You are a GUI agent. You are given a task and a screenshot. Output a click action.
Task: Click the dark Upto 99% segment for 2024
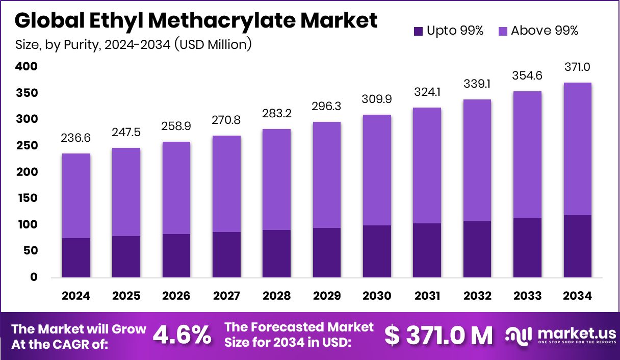[x=76, y=258]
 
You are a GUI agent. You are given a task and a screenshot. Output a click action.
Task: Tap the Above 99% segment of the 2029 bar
[x=327, y=175]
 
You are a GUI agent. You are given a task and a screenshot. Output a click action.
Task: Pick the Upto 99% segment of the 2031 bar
[x=427, y=250]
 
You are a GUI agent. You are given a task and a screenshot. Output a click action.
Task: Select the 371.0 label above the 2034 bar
[x=578, y=67]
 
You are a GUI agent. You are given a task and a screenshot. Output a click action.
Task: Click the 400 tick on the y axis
[x=27, y=66]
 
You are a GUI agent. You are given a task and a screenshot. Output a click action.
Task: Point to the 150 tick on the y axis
[x=27, y=198]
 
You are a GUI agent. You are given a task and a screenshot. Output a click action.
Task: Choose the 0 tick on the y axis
[x=34, y=277]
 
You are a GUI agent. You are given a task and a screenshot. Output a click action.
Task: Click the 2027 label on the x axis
[x=226, y=296]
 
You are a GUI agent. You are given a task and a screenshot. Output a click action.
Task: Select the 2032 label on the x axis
[x=477, y=296]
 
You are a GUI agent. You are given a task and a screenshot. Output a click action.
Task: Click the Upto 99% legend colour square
[x=418, y=31]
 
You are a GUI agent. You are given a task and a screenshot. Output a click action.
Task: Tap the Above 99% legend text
[x=545, y=31]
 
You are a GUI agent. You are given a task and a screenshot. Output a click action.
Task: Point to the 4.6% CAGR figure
[x=183, y=335]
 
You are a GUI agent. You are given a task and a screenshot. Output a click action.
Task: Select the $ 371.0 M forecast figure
[x=438, y=335]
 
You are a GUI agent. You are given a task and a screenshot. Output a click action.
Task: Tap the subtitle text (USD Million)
[x=213, y=45]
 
